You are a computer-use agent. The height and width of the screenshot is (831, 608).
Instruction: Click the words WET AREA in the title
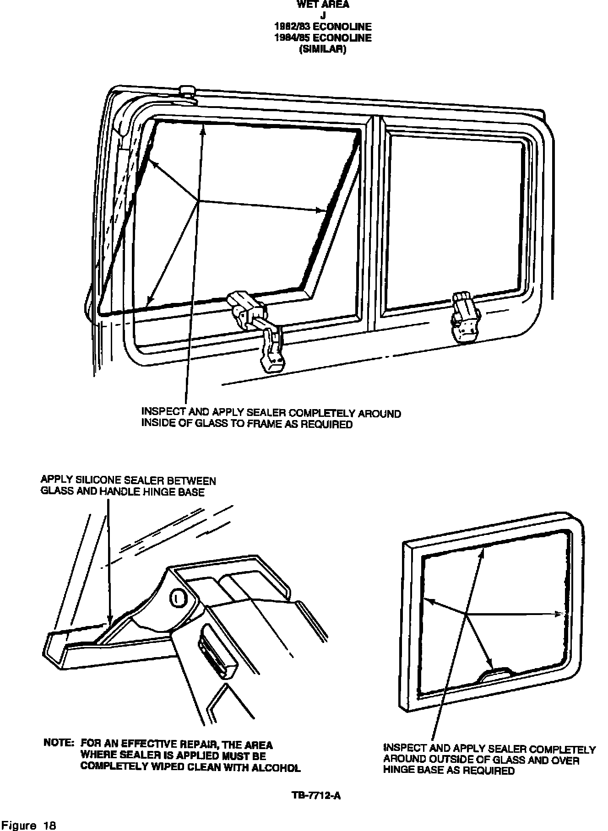point(323,5)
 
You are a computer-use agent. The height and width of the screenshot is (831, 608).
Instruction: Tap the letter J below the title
point(323,16)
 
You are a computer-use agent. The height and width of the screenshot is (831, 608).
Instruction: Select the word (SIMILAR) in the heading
point(322,49)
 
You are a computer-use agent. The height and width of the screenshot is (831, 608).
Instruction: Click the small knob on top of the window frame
point(187,91)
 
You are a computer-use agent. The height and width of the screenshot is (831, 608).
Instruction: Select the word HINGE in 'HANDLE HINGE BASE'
point(160,492)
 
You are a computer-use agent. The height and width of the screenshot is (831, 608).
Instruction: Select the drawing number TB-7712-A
point(316,796)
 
